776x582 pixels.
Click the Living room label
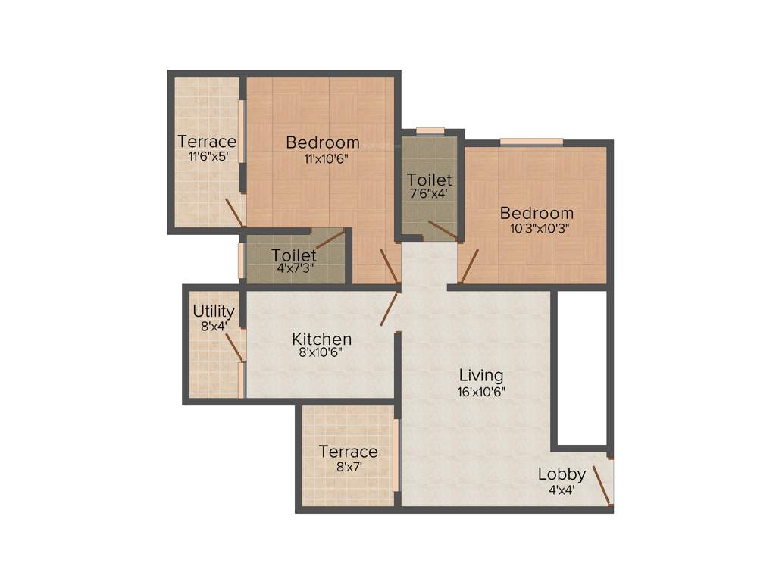[x=481, y=375]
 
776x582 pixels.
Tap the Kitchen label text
[x=322, y=339]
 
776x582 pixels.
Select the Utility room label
[x=214, y=311]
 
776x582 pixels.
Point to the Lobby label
[x=562, y=474]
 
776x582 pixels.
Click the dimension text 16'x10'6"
[x=481, y=392]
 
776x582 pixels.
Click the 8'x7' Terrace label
[x=348, y=452]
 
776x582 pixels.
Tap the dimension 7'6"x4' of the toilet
[x=429, y=193]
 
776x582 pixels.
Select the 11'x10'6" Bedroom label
[x=322, y=142]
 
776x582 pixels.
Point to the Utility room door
[x=236, y=346]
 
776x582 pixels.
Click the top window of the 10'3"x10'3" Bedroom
[x=531, y=141]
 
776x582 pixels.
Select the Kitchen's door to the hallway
[x=390, y=308]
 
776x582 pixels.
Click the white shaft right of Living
[x=582, y=368]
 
